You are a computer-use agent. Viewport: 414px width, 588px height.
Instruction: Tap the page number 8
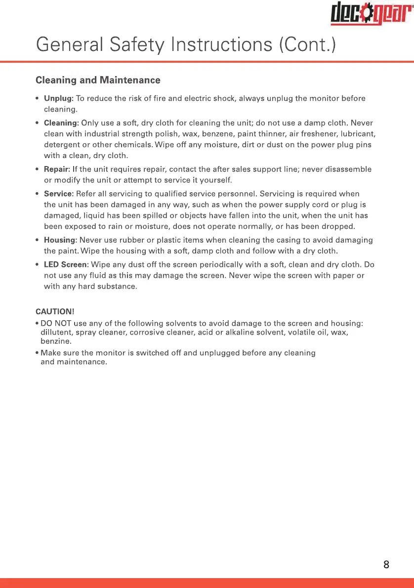coord(386,564)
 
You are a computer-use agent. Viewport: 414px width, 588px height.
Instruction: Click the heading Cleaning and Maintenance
coord(98,80)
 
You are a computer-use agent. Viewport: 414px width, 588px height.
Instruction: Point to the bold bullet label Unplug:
coord(59,98)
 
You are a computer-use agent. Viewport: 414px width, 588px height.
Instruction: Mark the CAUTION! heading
coord(55,312)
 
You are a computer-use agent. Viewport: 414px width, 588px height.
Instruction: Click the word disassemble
coord(346,169)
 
